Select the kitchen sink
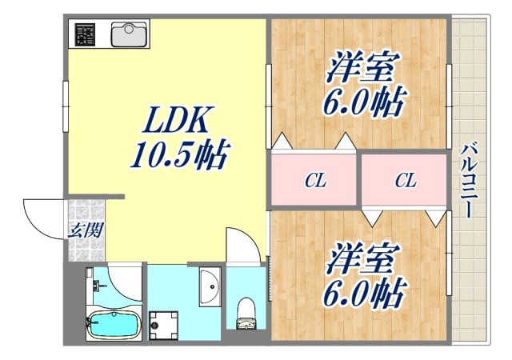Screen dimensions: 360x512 (126, 34)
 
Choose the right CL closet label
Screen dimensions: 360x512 (406, 182)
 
